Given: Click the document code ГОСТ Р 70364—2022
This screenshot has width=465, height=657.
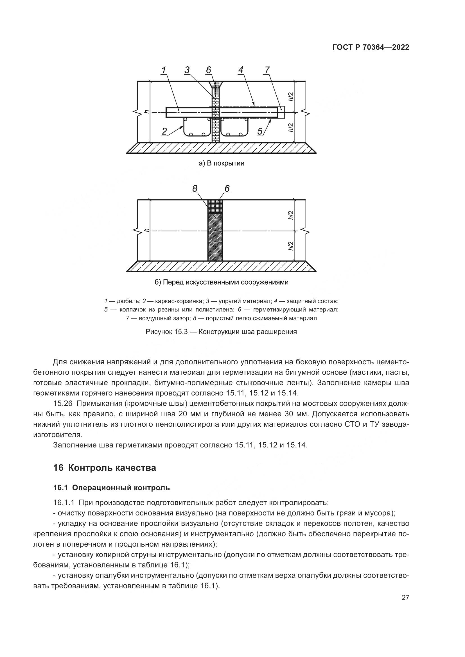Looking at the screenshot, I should pos(371,47).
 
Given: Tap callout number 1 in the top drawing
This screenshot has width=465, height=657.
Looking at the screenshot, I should pos(164,70).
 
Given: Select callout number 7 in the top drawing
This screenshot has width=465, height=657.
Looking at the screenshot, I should pos(267,70).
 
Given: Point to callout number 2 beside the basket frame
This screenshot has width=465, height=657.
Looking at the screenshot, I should pos(164,131).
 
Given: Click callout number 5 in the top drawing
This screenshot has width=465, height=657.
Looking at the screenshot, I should pos(260,131).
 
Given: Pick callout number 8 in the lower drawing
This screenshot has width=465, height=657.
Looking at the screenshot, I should pos(195,188).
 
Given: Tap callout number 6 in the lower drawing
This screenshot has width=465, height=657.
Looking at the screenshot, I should pos(227,188).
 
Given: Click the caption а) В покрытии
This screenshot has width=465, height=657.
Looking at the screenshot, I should pos(221,163).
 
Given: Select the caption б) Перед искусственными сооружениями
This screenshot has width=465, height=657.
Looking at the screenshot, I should pos(221,282).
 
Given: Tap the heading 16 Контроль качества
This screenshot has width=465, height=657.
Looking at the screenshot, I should pos(105,468).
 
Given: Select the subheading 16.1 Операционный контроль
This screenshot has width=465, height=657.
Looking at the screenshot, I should pos(111,488).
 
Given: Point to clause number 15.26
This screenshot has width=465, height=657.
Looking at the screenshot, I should pos(63,404).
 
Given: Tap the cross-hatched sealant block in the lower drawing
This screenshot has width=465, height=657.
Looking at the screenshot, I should pos(215,206).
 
